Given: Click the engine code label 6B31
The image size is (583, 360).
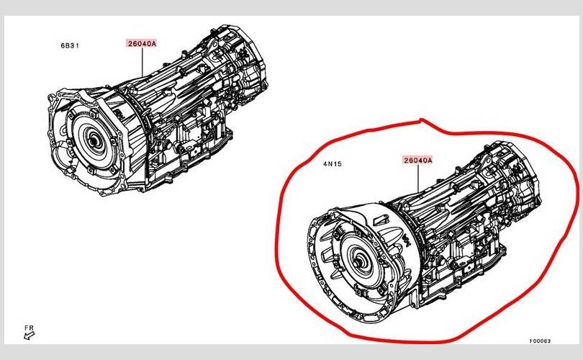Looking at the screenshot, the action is tap(70, 46).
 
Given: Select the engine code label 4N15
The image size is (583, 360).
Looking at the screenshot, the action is tap(333, 163).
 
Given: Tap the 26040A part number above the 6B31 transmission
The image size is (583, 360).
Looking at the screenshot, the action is tap(142, 43).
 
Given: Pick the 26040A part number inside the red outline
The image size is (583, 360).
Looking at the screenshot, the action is tap(418, 161).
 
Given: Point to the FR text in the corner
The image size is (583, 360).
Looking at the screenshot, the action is tap(29, 328).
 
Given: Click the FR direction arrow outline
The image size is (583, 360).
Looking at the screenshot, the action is tap(29, 336).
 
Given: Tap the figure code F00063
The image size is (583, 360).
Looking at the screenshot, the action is tap(541, 341).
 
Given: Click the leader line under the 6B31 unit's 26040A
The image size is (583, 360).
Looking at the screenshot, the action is tap(142, 62).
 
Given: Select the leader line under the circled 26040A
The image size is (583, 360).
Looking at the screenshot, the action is tap(418, 178).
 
